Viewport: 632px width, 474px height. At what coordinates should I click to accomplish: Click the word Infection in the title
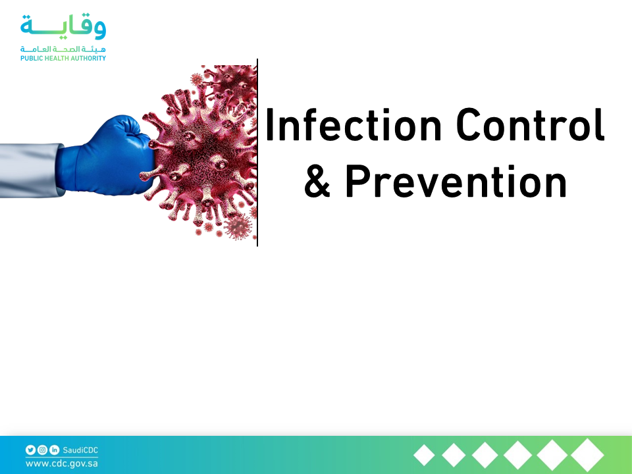tap(354, 124)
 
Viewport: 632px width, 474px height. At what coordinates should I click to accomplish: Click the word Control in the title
tap(531, 124)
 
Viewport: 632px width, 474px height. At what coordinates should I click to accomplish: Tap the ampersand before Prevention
tap(317, 182)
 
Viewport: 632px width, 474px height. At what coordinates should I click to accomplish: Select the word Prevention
tap(456, 182)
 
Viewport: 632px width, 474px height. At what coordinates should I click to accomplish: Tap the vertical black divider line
tap(257, 152)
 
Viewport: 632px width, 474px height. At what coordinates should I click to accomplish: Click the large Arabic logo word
tap(63, 27)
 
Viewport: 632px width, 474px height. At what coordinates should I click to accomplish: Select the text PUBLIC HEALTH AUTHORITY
tap(63, 58)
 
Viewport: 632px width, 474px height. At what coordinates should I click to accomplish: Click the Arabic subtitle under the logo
tap(63, 49)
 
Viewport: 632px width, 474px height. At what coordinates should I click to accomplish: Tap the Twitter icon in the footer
tap(31, 450)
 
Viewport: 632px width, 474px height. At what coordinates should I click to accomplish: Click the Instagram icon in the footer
tap(42, 450)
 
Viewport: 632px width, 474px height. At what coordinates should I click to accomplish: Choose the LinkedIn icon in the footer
tap(54, 450)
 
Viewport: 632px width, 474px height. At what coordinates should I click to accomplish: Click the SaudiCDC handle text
tap(80, 450)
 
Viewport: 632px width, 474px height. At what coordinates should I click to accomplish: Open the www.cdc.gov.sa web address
tap(62, 463)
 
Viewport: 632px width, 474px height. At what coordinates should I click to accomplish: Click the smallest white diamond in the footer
tap(424, 456)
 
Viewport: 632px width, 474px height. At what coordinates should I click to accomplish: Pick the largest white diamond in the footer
tap(587, 455)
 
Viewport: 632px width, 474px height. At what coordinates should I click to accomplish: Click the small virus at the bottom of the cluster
tap(238, 227)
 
